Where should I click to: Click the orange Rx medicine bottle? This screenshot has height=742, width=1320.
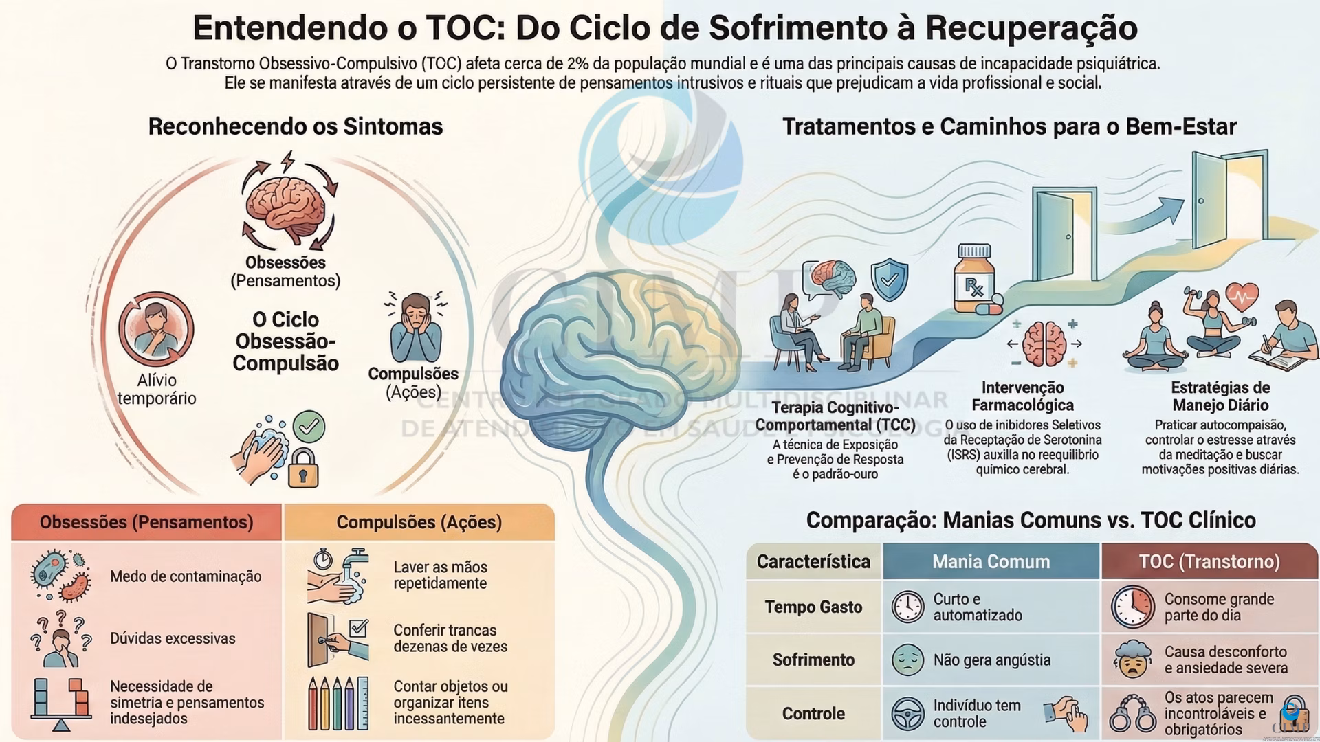click(973, 278)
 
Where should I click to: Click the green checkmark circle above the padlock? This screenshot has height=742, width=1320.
click(309, 427)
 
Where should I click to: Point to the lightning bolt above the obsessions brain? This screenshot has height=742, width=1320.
click(287, 162)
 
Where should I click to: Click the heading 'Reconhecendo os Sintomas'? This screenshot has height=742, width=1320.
click(296, 127)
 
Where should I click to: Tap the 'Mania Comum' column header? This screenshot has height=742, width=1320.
click(991, 561)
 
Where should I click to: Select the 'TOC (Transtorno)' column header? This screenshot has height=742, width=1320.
click(1209, 561)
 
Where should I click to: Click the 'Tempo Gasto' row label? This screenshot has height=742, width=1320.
click(813, 607)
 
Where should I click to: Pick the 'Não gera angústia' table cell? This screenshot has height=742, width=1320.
click(991, 660)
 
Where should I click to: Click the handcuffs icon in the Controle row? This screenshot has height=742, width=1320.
click(1133, 715)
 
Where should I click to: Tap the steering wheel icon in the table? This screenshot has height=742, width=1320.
click(907, 713)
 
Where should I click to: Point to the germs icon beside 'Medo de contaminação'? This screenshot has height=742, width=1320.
click(60, 575)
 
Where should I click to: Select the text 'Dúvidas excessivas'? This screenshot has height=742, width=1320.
click(173, 638)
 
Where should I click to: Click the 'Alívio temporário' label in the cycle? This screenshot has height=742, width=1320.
click(157, 390)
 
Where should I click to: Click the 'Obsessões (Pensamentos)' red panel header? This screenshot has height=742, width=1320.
click(146, 522)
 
